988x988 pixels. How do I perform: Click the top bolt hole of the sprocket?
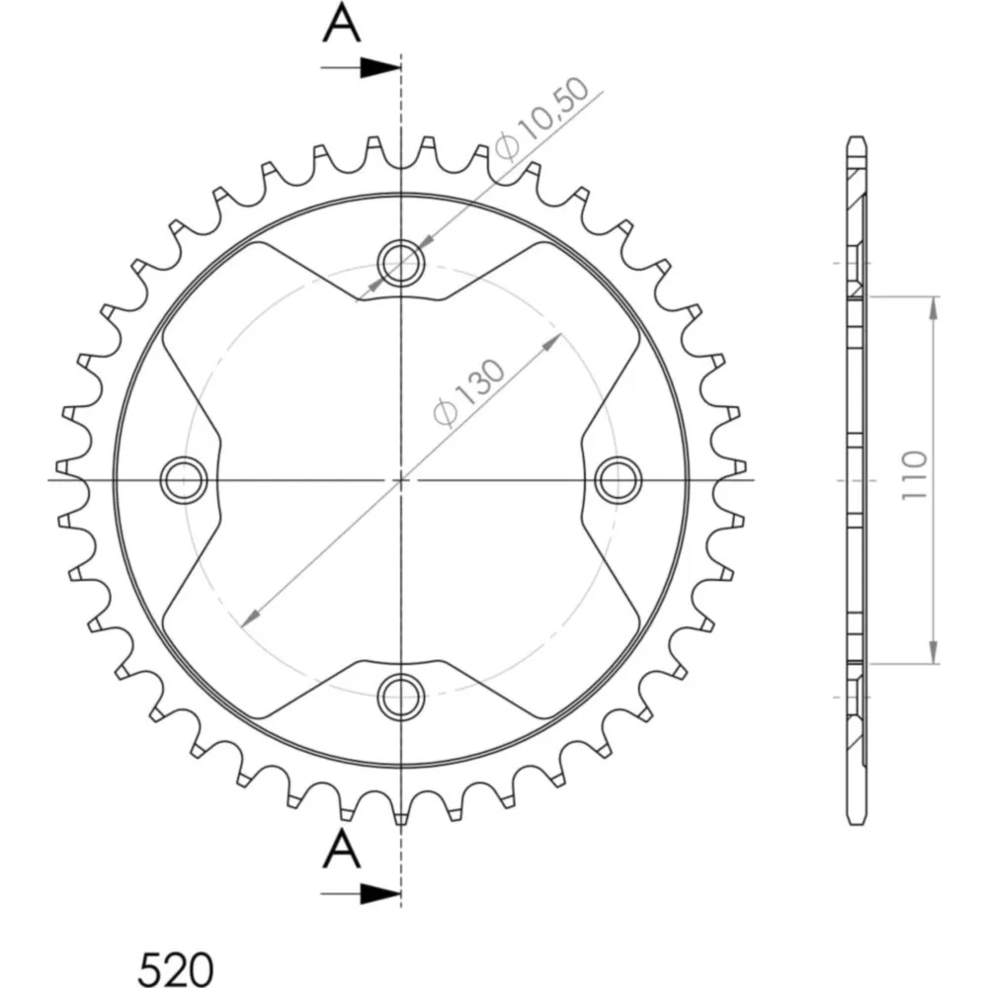(401, 262)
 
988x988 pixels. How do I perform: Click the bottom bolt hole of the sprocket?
(401, 697)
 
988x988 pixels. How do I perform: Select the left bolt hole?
(184, 480)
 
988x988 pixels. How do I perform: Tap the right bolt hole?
(618, 480)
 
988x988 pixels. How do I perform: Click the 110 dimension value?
(915, 476)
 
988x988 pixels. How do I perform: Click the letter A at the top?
(342, 22)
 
